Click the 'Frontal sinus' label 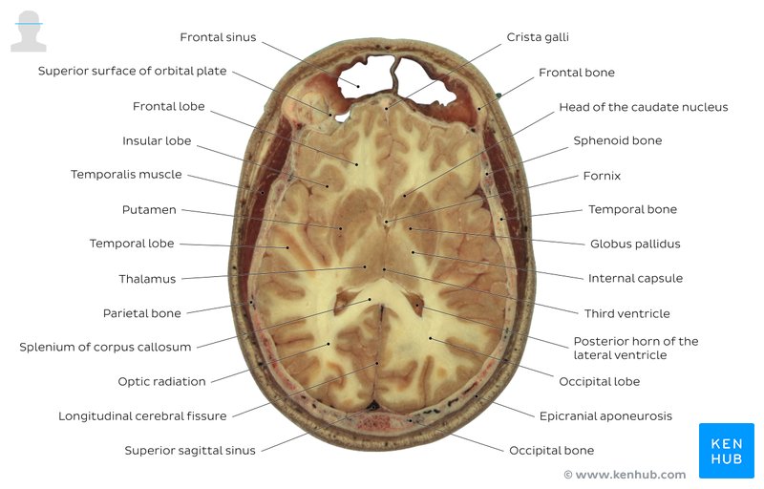point(218,37)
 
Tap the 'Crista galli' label point(538,37)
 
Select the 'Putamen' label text point(149,210)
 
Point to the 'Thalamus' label point(147,279)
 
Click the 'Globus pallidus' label point(635,244)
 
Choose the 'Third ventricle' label point(627,313)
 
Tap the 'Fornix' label point(602,176)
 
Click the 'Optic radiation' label point(161,382)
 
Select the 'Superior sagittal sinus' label point(190,451)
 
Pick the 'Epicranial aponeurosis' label point(605,416)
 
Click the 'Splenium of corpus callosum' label point(105,348)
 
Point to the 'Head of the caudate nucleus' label point(643,107)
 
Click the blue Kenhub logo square point(727,451)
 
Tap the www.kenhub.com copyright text point(625,475)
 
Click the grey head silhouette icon point(29,32)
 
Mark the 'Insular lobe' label point(157,141)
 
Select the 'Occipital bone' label point(552,451)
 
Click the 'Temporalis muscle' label point(126,175)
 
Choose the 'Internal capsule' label point(635,279)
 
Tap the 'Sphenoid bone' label point(617,140)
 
